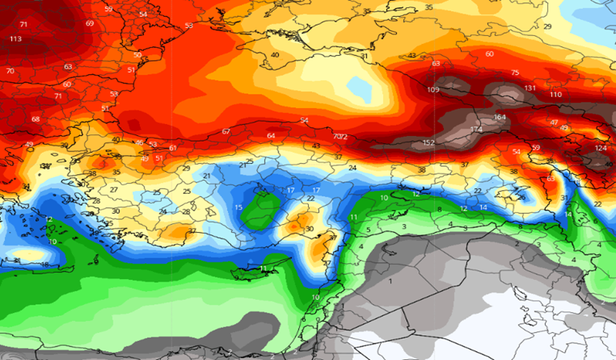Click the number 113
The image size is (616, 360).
pos(16,39)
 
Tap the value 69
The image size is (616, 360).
pos(89,24)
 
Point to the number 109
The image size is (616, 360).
pos(433,90)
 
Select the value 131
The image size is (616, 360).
pos(530,88)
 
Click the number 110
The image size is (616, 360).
pos(555,94)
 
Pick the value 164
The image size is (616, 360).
pos(500,118)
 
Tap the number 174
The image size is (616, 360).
pos(476,129)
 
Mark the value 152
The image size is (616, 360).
pos(428,143)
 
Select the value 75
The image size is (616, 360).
pos(515,73)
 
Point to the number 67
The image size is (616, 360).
pos(226,131)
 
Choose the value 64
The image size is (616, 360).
pos(270,136)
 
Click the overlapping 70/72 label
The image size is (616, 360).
pos(340,137)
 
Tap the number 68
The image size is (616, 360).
pos(35,119)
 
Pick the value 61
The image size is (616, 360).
pos(173,147)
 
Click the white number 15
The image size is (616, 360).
pos(238,208)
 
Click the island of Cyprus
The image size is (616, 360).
pos(268,268)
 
